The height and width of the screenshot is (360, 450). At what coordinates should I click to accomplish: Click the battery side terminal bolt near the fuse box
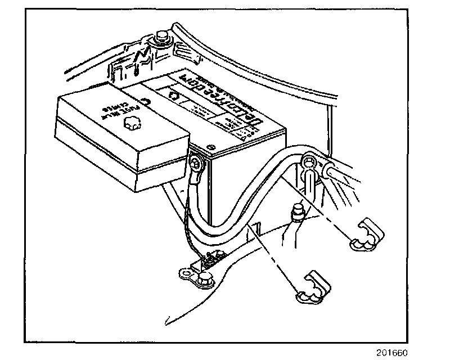point(196,164)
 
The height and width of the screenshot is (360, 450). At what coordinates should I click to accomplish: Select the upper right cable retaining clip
point(366,235)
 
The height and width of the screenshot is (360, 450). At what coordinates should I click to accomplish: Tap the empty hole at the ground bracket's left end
point(183,272)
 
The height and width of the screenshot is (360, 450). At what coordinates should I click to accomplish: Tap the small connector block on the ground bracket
point(213,259)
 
